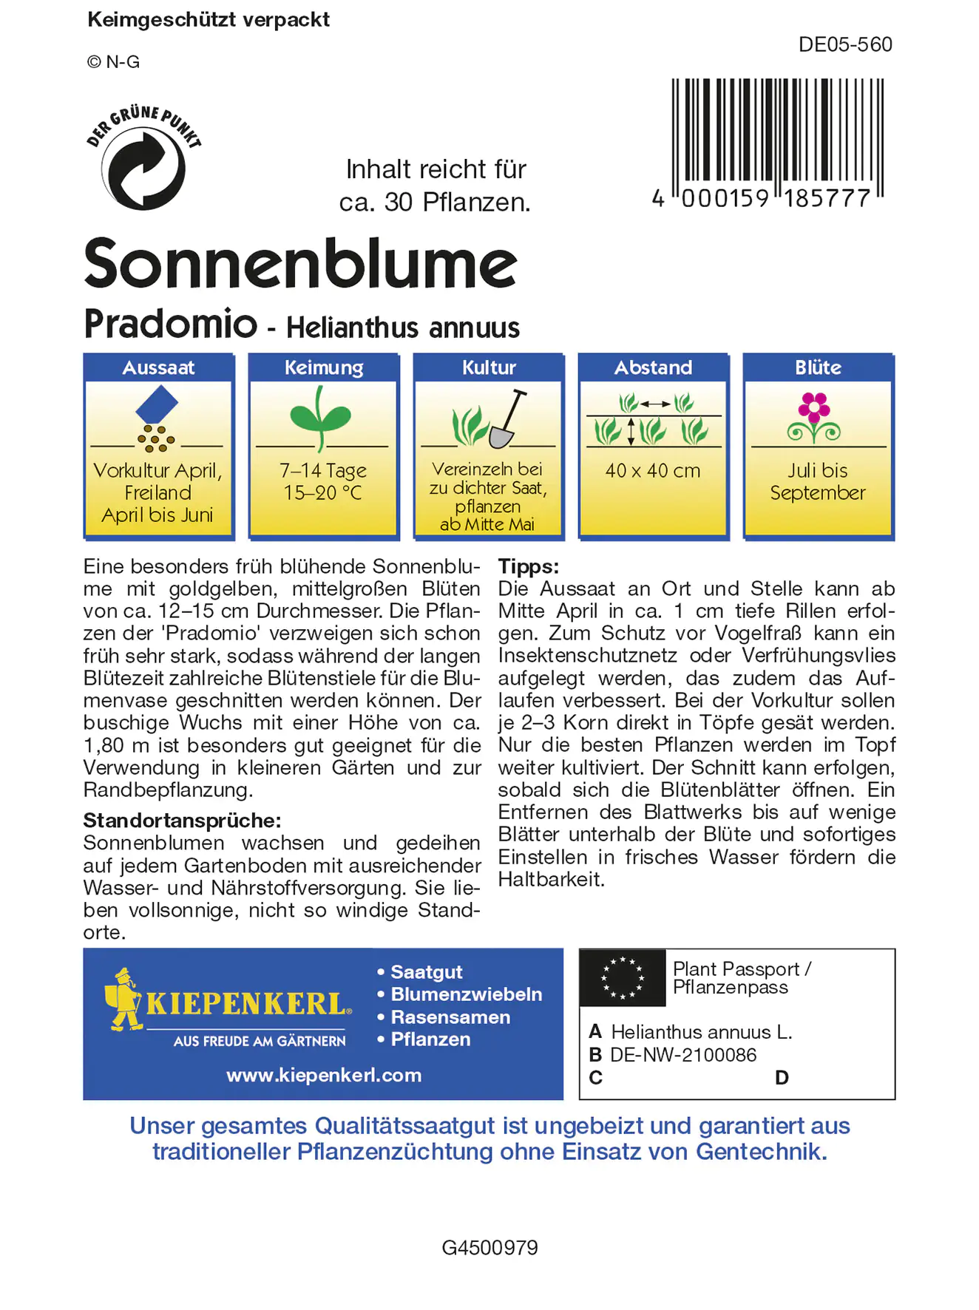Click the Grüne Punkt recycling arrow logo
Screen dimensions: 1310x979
click(x=143, y=168)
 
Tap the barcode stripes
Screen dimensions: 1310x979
click(x=776, y=132)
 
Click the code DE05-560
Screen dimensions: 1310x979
click(x=844, y=45)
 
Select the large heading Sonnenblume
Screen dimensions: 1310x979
click(x=300, y=263)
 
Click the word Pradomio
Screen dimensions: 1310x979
click(x=171, y=324)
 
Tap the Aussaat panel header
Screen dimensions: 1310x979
click(x=158, y=367)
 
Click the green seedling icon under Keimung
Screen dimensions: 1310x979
click(x=320, y=418)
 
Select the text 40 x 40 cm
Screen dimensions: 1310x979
click(x=652, y=471)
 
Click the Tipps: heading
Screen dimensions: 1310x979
click(x=528, y=566)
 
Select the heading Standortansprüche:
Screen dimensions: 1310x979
click(x=182, y=821)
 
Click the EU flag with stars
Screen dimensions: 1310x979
click(x=623, y=978)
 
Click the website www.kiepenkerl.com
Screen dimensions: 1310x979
click(x=324, y=1075)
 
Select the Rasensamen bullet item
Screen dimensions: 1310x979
click(x=450, y=1017)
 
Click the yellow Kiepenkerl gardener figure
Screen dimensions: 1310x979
click(x=124, y=999)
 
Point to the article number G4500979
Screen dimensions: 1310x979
click(x=489, y=1248)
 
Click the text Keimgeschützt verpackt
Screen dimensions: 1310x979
click(x=209, y=20)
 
